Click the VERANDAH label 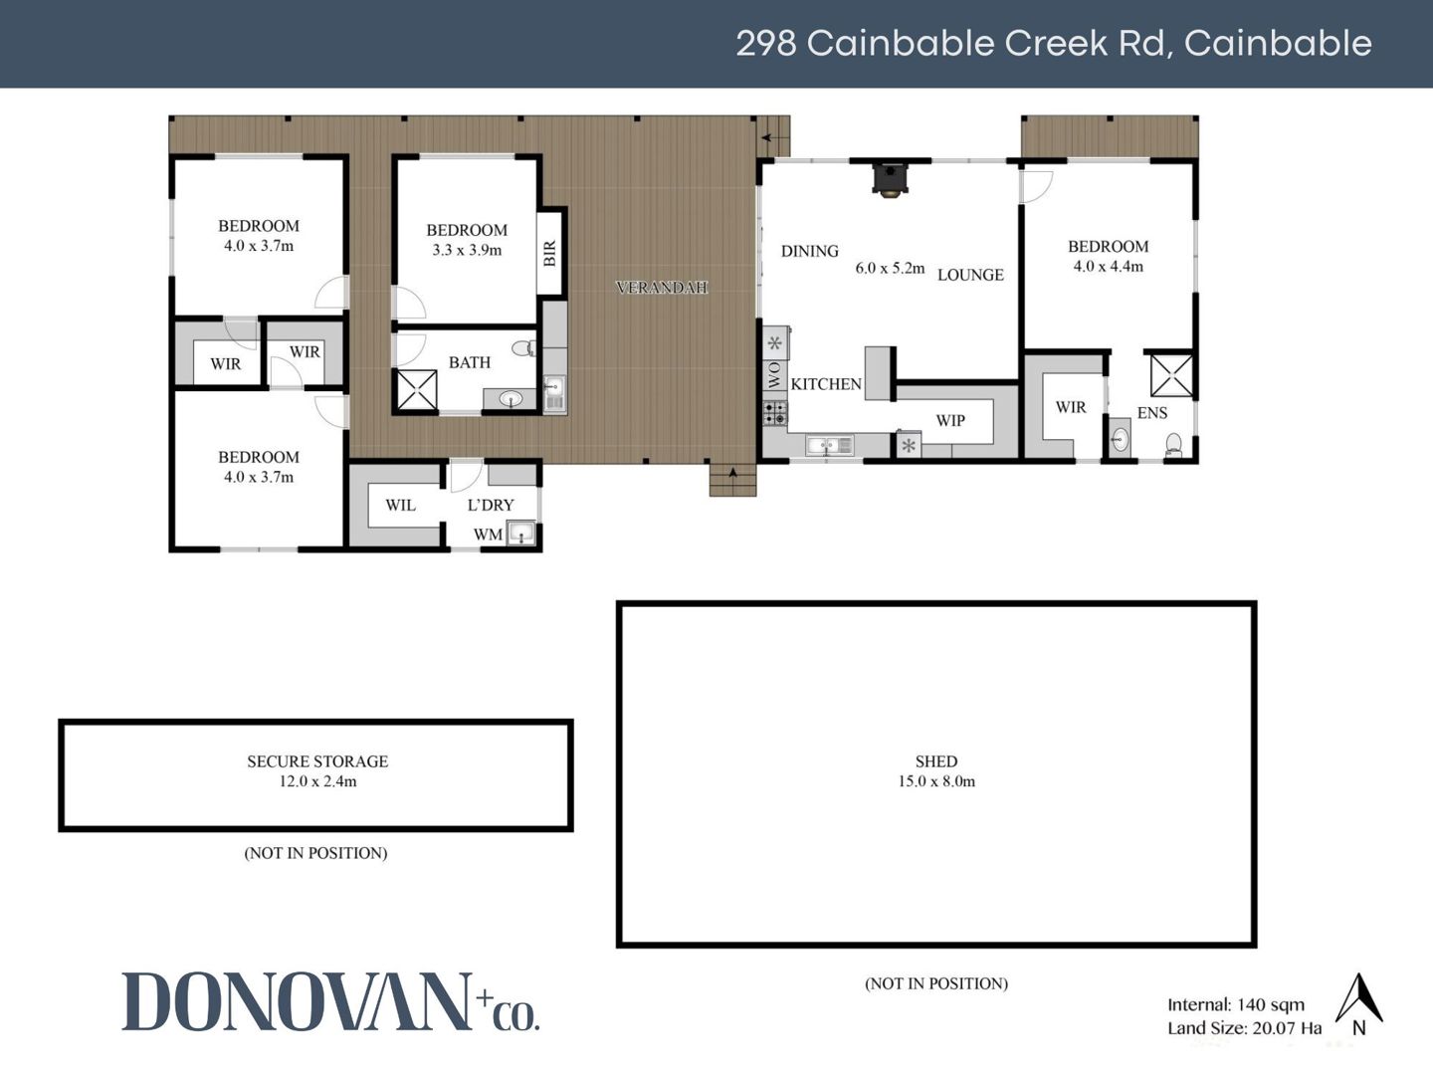click(x=662, y=288)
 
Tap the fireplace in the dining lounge click(x=890, y=179)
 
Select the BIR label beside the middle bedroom click(x=549, y=253)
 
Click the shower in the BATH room click(x=417, y=390)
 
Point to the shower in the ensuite click(x=1171, y=375)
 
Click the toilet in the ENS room click(x=1173, y=444)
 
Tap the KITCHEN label click(x=826, y=384)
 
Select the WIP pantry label click(x=950, y=421)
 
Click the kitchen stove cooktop click(x=775, y=414)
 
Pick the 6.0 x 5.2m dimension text click(x=890, y=269)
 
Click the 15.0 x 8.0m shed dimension click(x=936, y=781)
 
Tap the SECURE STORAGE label click(x=317, y=761)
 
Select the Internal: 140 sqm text click(x=1236, y=1004)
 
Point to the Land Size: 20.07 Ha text click(x=1244, y=1028)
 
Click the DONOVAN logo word click(x=297, y=1001)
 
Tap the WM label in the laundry click(x=488, y=535)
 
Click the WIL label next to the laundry click(x=400, y=506)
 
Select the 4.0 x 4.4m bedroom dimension click(x=1108, y=267)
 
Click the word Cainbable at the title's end click(x=1278, y=43)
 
